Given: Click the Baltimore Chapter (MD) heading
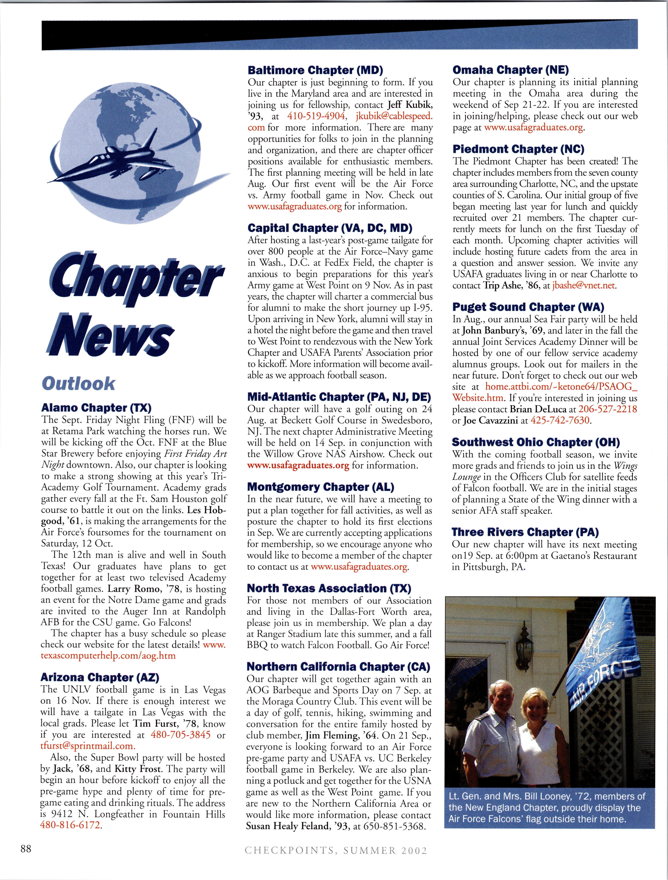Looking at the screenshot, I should pos(315,70).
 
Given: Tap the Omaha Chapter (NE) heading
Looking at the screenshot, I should pos(511,70).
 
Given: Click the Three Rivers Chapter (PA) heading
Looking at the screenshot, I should pos(525,532).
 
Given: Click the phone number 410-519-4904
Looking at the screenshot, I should pos(316,116).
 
